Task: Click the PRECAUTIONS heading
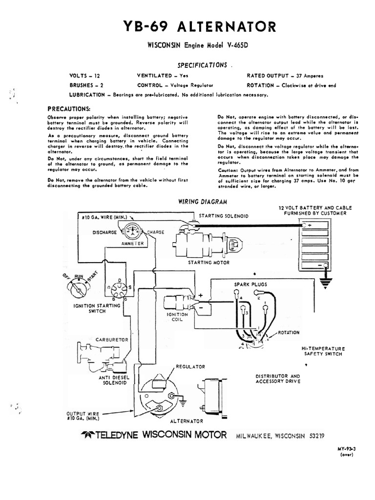(x=69, y=108)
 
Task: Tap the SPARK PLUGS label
(x=250, y=284)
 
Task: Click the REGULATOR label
(x=190, y=366)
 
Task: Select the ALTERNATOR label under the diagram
(x=187, y=420)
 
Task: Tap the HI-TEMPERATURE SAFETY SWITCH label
(x=323, y=352)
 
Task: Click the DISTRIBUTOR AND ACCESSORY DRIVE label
(x=278, y=378)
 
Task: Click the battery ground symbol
(x=324, y=281)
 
